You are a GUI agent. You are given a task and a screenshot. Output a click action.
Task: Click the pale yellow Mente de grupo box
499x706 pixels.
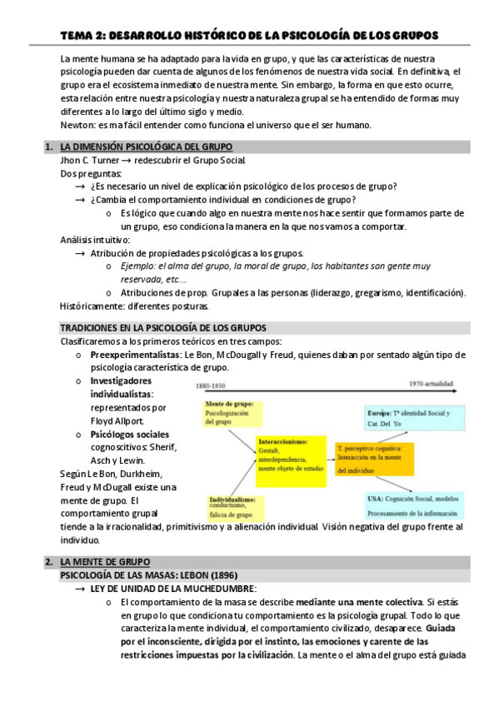pyautogui.click(x=228, y=413)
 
